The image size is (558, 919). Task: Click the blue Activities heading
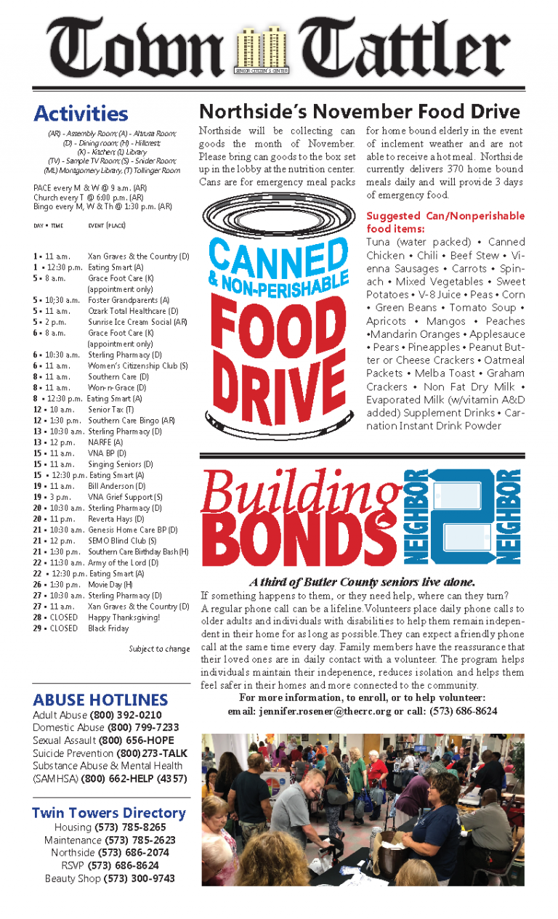click(81, 114)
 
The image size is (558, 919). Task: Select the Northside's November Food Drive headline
click(360, 111)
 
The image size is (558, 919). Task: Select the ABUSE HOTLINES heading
click(100, 700)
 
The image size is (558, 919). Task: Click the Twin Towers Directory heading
click(109, 813)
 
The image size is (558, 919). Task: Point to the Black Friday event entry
click(108, 628)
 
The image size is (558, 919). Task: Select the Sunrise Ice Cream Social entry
click(137, 322)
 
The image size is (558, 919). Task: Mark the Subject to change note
click(159, 649)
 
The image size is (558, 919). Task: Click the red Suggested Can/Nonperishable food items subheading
click(445, 222)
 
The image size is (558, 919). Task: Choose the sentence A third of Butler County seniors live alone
click(362, 582)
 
